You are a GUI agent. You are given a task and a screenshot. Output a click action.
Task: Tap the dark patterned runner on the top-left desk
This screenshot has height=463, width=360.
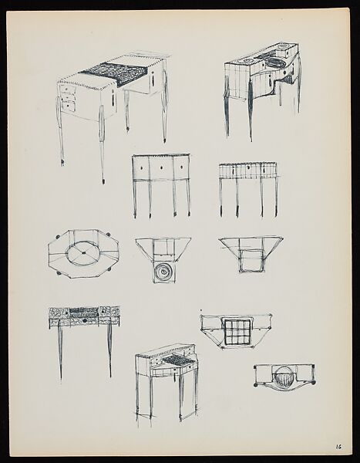point(115,74)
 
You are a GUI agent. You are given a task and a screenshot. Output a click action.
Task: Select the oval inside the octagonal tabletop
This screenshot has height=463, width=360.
point(82,252)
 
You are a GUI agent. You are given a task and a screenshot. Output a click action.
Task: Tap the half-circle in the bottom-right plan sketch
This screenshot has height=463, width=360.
point(284,378)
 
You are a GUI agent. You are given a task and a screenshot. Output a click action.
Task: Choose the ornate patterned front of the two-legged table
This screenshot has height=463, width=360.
point(84,314)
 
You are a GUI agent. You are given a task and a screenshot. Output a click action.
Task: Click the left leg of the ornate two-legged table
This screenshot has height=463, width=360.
point(59,351)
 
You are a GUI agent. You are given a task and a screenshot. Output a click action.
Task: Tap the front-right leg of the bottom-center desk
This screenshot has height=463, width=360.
point(180,397)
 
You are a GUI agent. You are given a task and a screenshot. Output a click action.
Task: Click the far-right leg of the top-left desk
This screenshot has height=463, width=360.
point(164,116)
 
